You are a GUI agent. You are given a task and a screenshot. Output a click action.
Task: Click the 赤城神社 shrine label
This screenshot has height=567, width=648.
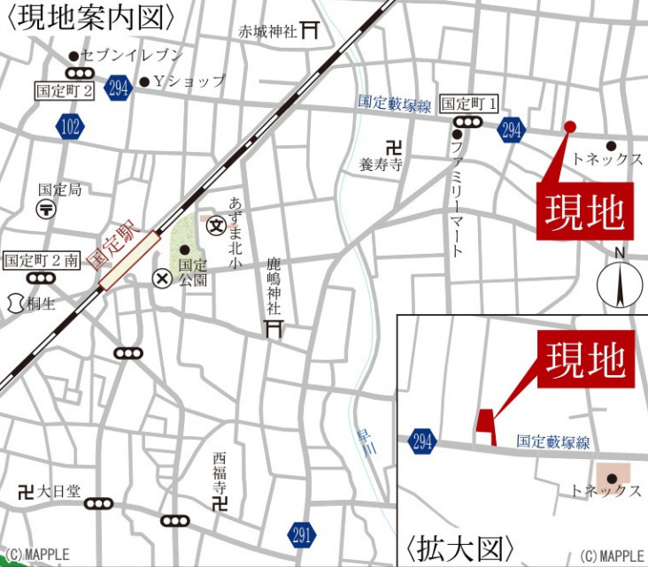pos(270,31)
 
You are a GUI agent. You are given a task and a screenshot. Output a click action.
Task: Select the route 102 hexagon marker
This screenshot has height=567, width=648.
pos(71,126)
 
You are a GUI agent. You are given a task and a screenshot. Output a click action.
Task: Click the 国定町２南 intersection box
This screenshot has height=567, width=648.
pos(42,260)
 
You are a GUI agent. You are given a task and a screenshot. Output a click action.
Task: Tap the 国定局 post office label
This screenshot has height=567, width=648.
pos(59,189)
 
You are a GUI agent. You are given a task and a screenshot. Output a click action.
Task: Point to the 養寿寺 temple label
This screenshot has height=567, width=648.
pos(382,165)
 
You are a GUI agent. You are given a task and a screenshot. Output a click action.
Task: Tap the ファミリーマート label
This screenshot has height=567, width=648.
pos(456,200)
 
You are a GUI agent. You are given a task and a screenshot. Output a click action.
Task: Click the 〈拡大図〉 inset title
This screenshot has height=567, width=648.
pos(460,545)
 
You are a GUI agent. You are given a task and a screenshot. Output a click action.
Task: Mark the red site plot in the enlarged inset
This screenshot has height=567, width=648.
pos(485,422)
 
